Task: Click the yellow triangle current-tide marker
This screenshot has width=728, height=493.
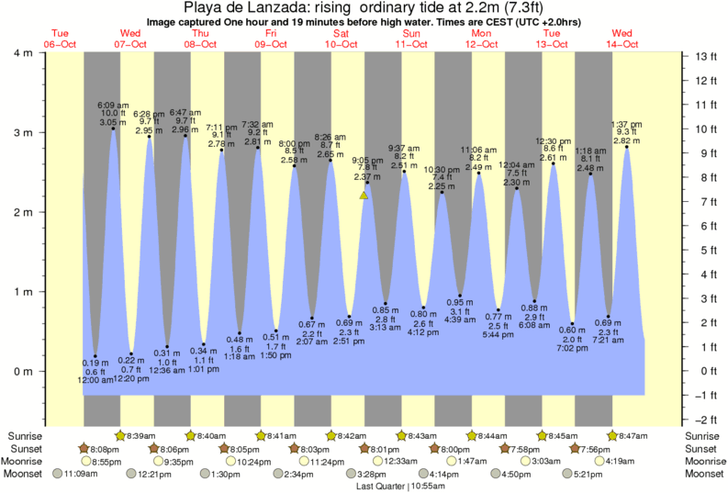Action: [364, 195]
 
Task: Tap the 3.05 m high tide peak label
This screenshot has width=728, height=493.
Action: [107, 121]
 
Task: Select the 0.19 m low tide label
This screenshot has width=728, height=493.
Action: [95, 363]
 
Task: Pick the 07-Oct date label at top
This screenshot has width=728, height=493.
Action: [129, 43]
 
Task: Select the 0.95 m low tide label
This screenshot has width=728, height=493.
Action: [461, 302]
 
